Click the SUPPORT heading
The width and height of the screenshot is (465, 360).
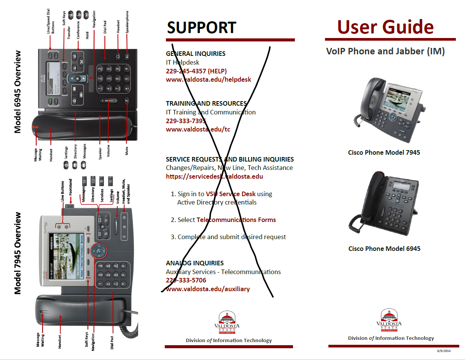(202, 28)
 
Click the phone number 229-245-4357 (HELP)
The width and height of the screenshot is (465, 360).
(196, 71)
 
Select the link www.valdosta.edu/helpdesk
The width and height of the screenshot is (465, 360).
(208, 79)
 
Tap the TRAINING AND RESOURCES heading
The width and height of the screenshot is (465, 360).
(206, 103)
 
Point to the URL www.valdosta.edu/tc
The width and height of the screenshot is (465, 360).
(198, 129)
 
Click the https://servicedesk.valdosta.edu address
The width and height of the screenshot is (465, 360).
(214, 176)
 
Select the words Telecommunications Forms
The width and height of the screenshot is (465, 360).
(236, 220)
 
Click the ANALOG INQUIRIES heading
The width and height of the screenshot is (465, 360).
(194, 263)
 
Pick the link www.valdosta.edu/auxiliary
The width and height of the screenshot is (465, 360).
(208, 289)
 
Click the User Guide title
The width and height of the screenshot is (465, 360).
(385, 27)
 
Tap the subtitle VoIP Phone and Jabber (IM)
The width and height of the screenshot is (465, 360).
(385, 51)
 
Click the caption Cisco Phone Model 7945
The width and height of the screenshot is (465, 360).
(384, 152)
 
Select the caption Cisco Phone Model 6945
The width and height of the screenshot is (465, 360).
(384, 249)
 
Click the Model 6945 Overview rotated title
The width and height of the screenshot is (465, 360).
(18, 92)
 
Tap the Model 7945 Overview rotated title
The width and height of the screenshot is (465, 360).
(18, 253)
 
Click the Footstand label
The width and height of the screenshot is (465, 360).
(70, 187)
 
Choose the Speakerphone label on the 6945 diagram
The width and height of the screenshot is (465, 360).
(127, 23)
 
